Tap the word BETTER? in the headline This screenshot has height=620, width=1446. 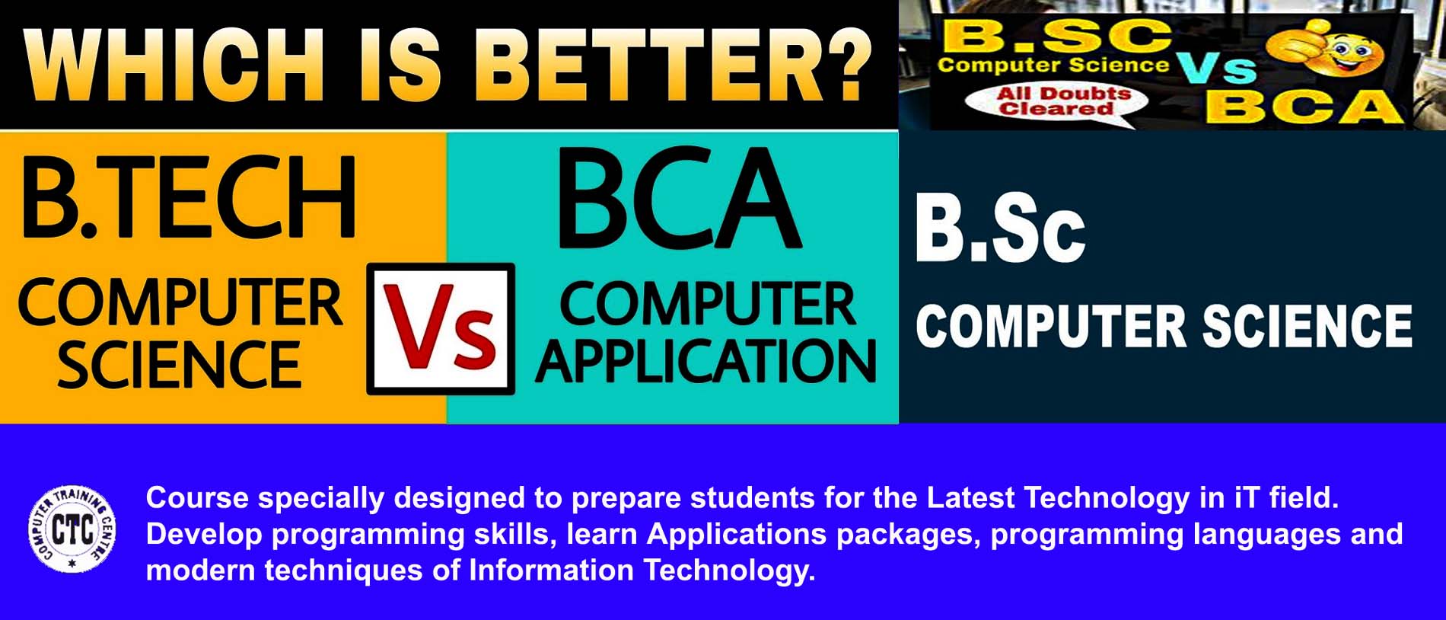pyautogui.click(x=677, y=66)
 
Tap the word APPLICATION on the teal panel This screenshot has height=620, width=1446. pyautogui.click(x=706, y=361)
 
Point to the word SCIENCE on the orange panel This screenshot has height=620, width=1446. pyautogui.click(x=179, y=365)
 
